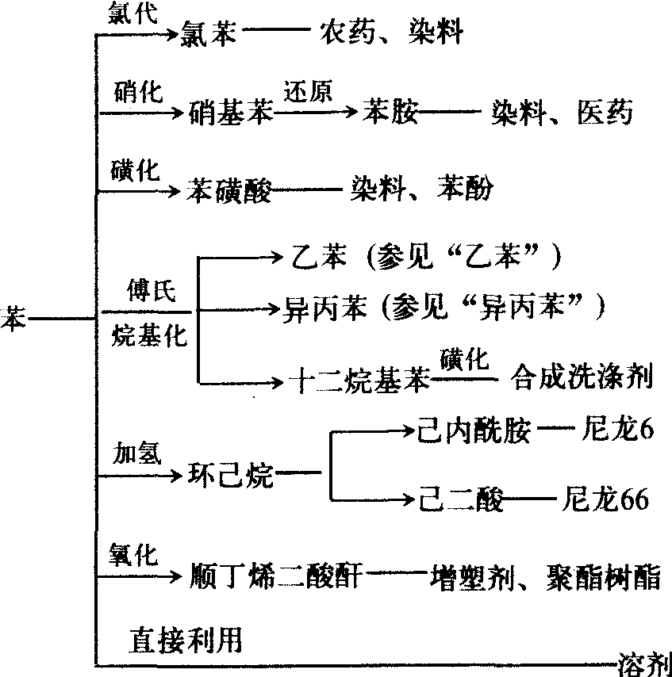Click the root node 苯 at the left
[x=12, y=317]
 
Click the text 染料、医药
[x=561, y=113]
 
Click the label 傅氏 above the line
[x=148, y=293]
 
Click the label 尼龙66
[x=605, y=500]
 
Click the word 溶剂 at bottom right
[x=643, y=661]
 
